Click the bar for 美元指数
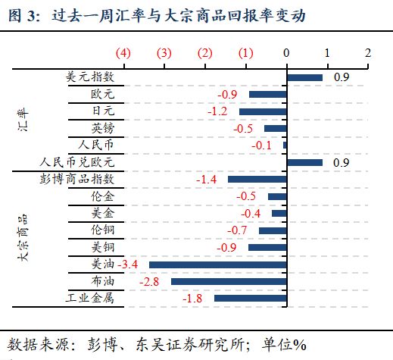coord(304,77)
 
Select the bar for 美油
coord(218,265)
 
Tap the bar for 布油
coord(229,281)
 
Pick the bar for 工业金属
coord(250,299)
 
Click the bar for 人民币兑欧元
coord(304,162)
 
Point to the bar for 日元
coord(262,111)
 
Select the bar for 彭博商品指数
coord(257,180)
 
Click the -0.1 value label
coord(262,146)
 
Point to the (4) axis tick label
coord(123,53)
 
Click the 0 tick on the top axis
coord(286,53)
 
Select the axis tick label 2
coord(368,53)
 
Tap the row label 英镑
coord(103,128)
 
